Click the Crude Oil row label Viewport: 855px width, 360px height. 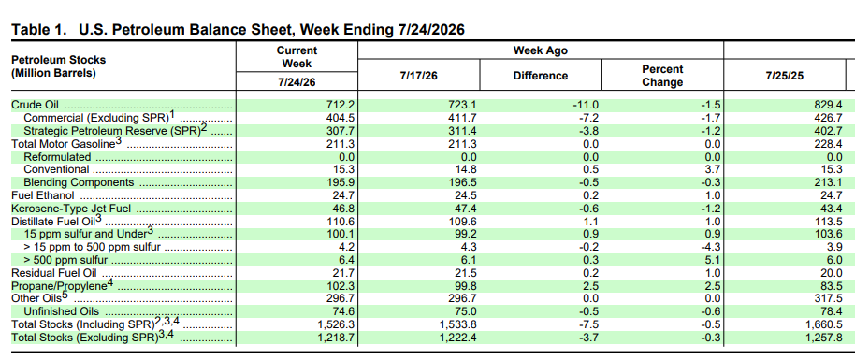coord(35,105)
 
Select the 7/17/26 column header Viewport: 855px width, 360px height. coord(419,76)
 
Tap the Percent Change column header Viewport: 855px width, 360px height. coord(662,76)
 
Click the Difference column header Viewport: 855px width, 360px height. coord(541,76)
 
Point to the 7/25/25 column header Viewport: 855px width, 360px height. coord(785,76)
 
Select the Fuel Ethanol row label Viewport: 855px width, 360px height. coord(43,195)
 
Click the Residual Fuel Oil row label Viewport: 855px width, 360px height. coord(54,273)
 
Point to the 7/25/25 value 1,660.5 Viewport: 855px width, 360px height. coord(824,324)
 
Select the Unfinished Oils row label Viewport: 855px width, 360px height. coord(62,311)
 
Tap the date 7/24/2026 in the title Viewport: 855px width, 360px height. coord(428,30)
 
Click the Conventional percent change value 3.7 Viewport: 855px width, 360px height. coord(714,169)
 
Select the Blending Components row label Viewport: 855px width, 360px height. coord(80,182)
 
